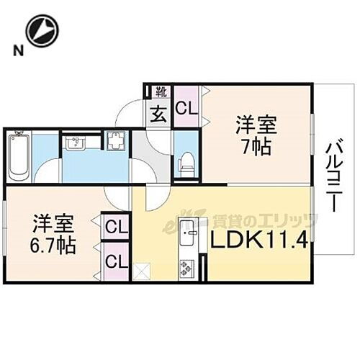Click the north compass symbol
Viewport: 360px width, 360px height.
click(x=41, y=31)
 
